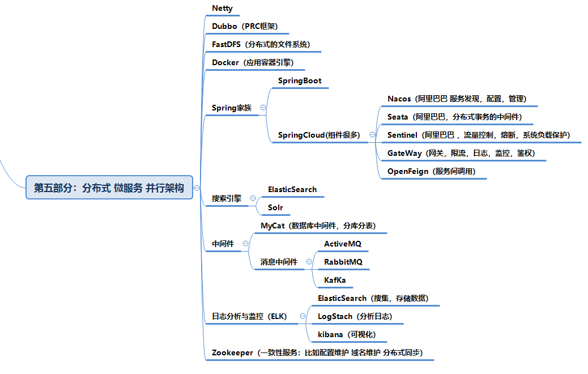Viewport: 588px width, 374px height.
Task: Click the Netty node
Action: (221, 8)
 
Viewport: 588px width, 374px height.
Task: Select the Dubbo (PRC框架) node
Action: (244, 27)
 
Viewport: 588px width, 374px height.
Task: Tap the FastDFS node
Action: (261, 45)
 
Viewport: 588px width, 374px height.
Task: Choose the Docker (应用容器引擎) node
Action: (252, 63)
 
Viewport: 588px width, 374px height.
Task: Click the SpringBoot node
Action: (300, 81)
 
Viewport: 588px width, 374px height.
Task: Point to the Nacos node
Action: (457, 99)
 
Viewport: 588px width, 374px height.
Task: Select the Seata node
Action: (454, 117)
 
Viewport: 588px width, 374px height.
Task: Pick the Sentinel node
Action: (478, 135)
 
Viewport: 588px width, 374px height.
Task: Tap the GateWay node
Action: (461, 154)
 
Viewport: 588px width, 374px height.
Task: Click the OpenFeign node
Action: (431, 172)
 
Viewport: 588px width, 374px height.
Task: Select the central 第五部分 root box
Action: (109, 188)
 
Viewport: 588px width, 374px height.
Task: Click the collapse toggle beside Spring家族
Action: (263, 108)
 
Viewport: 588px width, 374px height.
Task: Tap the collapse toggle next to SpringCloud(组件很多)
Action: (372, 135)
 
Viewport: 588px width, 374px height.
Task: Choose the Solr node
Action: (275, 208)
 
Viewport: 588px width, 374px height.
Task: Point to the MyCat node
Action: (318, 226)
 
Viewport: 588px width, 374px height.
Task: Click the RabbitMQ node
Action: (343, 262)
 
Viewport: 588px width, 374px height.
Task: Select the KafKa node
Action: (335, 280)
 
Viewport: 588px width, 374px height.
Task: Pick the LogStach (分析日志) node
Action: (355, 317)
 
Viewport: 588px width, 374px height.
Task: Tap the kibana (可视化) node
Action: (346, 335)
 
